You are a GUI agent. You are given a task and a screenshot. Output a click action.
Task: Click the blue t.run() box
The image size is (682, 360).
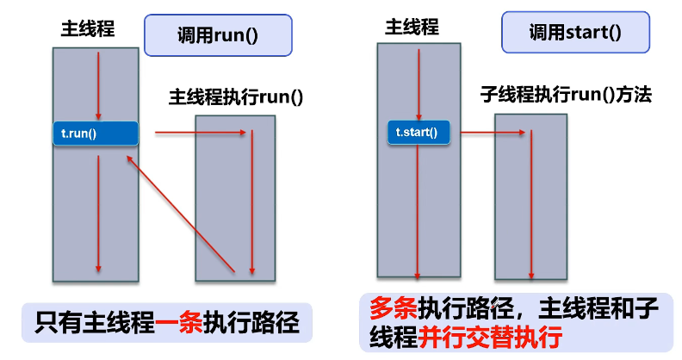[x=95, y=133]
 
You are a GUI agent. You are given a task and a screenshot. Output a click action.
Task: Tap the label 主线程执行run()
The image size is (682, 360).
[x=236, y=97]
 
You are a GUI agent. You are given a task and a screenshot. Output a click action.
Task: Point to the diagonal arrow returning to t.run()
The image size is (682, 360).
[x=181, y=215]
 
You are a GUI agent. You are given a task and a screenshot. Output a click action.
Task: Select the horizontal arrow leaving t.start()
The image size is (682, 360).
[x=493, y=132]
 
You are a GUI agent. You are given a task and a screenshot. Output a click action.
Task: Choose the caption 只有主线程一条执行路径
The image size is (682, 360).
[x=166, y=325]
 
